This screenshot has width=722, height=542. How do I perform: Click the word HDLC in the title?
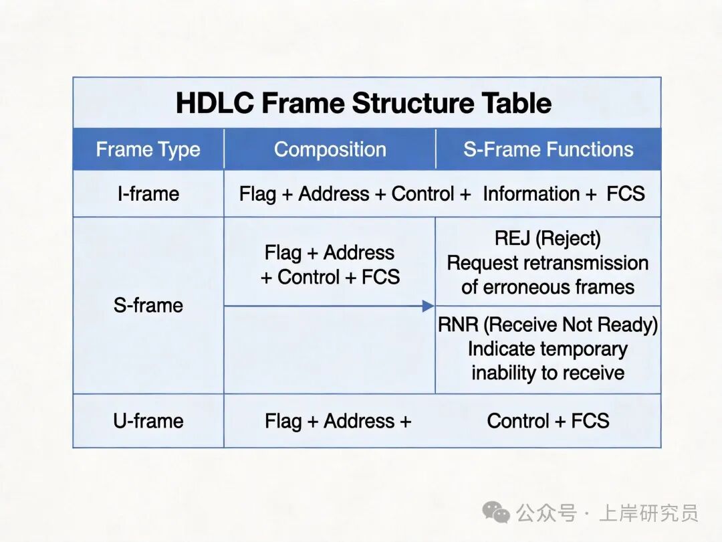[215, 103]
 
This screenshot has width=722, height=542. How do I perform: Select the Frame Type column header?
[148, 149]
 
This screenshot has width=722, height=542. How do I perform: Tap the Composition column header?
[330, 149]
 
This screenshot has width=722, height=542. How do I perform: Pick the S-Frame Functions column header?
[548, 149]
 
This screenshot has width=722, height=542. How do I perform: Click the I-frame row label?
[148, 193]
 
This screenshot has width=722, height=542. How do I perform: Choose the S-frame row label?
[148, 305]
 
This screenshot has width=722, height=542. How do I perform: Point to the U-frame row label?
[148, 421]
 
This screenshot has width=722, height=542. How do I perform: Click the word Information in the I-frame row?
[531, 193]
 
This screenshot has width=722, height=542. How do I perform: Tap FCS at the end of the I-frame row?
[625, 193]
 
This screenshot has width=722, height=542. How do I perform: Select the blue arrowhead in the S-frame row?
[428, 306]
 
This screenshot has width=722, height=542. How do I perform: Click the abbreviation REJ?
[512, 238]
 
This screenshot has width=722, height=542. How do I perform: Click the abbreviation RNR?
[458, 325]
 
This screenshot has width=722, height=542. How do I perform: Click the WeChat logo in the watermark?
[496, 512]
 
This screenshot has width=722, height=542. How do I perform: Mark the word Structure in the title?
[413, 103]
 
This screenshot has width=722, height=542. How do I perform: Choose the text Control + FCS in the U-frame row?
[548, 421]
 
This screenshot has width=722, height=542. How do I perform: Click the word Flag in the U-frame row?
[283, 422]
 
